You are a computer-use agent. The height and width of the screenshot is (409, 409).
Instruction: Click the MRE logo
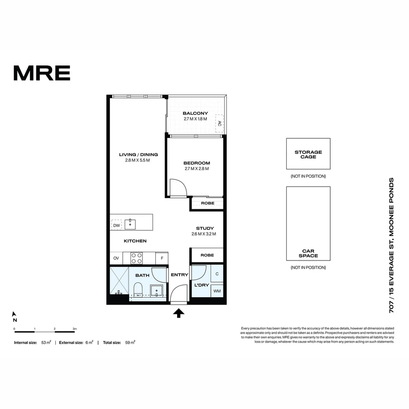click(42, 73)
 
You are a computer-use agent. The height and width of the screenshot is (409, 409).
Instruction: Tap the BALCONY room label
click(195, 113)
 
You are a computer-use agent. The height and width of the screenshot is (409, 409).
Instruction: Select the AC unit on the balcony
click(219, 123)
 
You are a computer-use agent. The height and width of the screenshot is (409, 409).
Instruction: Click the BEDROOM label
click(197, 163)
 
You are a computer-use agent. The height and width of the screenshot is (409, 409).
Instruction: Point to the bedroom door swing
click(178, 187)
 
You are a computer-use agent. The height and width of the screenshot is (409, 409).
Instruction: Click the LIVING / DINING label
click(138, 155)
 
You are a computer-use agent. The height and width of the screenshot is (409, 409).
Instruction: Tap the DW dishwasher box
click(116, 225)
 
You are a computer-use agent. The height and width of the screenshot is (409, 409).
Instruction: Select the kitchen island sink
click(130, 223)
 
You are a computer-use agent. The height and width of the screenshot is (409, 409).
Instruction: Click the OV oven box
click(116, 258)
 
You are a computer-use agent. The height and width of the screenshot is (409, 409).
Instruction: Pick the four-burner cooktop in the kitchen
click(137, 258)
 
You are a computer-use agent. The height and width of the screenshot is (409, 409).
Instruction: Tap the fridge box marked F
click(162, 258)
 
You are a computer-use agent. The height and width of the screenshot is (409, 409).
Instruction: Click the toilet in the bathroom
click(138, 290)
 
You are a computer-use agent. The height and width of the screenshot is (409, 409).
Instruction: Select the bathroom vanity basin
click(157, 291)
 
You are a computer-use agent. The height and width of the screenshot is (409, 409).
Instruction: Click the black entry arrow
click(178, 313)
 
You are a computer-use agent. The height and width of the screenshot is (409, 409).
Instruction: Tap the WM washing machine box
click(217, 291)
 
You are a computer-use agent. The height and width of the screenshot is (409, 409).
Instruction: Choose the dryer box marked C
click(217, 274)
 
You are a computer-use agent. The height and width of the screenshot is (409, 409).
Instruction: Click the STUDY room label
click(205, 228)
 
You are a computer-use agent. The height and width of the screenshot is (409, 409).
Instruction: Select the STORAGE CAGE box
click(308, 154)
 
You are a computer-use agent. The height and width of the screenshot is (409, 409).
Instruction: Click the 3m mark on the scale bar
click(75, 329)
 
